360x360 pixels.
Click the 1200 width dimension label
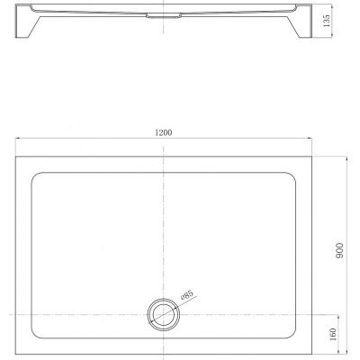(x=164, y=132)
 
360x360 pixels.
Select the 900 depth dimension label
(x=339, y=250)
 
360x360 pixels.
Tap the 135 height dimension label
(x=327, y=21)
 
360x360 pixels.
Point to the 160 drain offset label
(x=333, y=334)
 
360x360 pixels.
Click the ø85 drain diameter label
(x=186, y=295)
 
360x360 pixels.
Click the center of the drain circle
(x=164, y=315)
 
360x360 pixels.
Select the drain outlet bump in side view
(x=164, y=16)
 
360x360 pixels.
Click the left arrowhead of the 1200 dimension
(x=18, y=138)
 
